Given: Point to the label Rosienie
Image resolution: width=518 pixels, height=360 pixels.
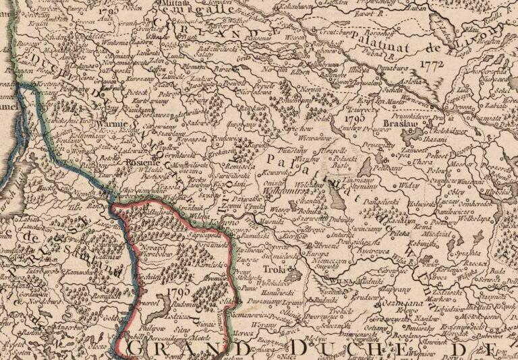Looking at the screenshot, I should tap(142, 163).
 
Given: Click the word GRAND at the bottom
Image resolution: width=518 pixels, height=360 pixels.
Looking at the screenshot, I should tap(175, 349).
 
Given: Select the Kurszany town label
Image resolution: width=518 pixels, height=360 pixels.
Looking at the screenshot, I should tap(137, 78).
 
